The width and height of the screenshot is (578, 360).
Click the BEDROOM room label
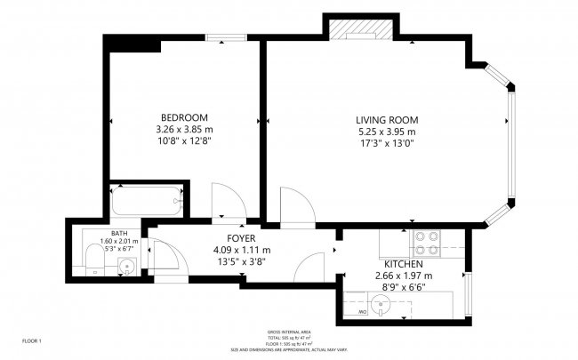(184, 118)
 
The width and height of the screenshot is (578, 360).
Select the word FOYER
(241, 239)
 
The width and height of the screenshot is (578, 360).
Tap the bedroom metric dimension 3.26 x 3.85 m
(184, 130)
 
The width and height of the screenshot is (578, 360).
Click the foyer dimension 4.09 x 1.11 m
(241, 251)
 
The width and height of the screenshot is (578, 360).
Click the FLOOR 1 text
(31, 340)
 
